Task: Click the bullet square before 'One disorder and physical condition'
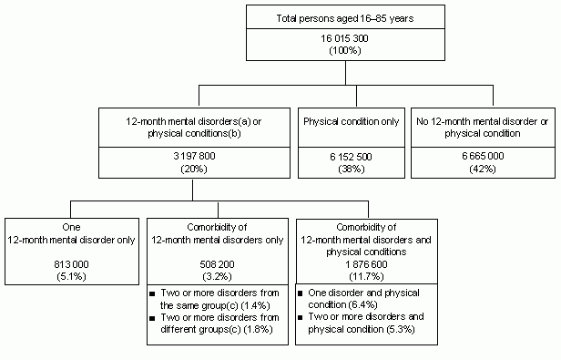point(302,293)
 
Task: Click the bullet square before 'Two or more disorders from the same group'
point(154,293)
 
